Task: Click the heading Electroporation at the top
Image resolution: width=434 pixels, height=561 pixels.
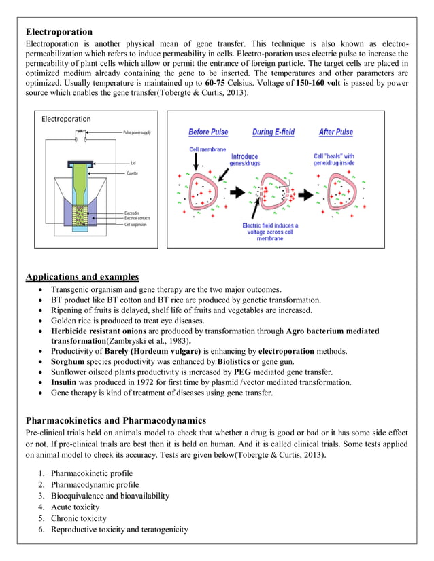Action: point(59,32)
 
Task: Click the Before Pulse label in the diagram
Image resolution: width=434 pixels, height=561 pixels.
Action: point(208,132)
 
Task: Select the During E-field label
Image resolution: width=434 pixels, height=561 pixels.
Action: point(273,132)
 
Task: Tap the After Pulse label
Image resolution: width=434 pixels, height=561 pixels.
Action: point(335,132)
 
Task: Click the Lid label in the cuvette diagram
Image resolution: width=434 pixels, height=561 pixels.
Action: point(133,162)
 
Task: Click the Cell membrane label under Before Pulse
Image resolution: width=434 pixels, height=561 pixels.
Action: point(207,149)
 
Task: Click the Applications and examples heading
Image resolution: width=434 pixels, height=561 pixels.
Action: point(82,277)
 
